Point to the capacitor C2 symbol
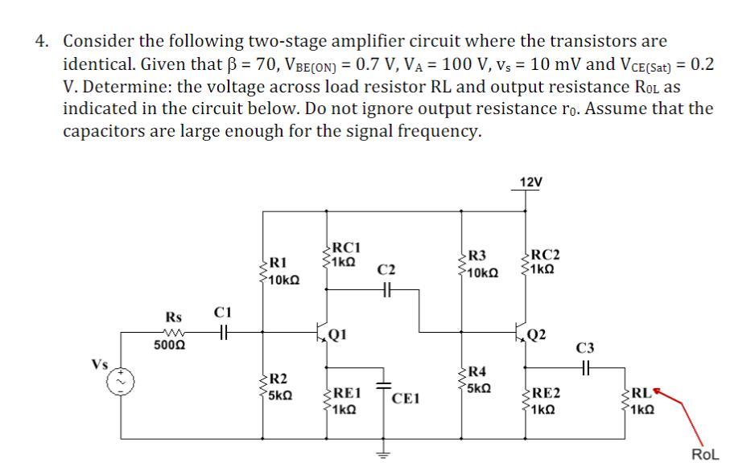[x=386, y=293]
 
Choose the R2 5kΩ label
[x=279, y=387]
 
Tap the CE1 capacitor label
[x=407, y=398]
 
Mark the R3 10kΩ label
[x=482, y=264]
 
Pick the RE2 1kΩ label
[x=547, y=401]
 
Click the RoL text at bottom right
[x=705, y=455]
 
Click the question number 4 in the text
[x=41, y=41]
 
